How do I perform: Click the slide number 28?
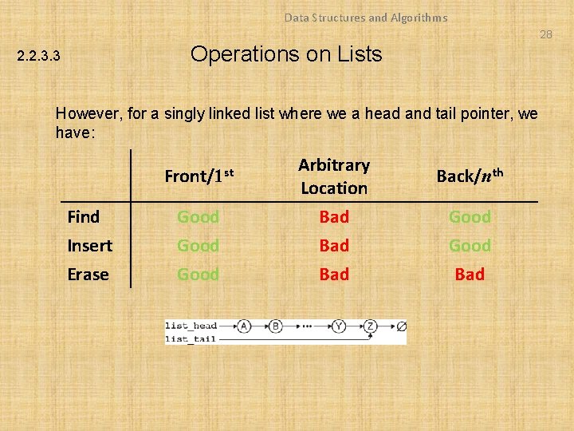coord(545,34)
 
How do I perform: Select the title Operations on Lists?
coord(286,54)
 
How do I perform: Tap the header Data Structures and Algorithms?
coord(366,18)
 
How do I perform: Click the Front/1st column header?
coord(199,176)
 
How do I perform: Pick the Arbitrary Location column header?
coord(334,176)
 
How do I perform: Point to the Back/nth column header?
coord(470,176)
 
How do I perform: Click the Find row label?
coord(84,217)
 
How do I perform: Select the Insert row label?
coord(89,246)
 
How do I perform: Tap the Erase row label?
coord(88,275)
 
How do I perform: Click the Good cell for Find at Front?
coord(198,217)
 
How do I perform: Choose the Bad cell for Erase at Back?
coord(470,275)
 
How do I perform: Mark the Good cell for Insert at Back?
coord(470,246)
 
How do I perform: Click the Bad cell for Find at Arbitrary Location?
coord(334,217)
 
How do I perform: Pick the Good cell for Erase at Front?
coord(198,275)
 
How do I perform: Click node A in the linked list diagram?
coord(242,326)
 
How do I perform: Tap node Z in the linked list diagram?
coord(371,326)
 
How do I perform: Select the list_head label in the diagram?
coord(191,326)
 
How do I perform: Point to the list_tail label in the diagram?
coord(191,338)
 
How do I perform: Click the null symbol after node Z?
coord(401,326)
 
